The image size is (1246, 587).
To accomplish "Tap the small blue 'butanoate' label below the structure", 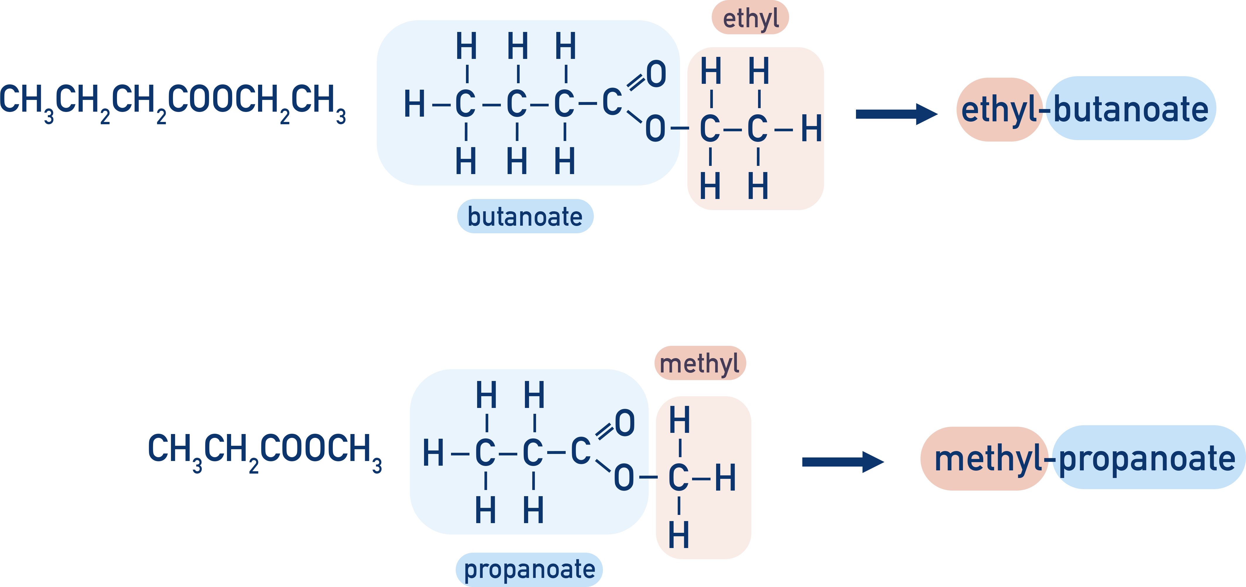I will pos(525,216).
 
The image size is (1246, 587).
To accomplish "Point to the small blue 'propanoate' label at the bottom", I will pos(529,569).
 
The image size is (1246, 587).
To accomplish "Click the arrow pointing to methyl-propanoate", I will pos(842,462).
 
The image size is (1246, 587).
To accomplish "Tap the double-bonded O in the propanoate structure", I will pos(624,423).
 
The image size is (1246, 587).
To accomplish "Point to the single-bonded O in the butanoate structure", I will pos(655,129).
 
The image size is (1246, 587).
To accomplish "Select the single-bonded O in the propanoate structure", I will pos(623,478).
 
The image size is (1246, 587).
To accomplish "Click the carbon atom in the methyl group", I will pos(679,478).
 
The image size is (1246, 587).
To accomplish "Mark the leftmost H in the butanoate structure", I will pos(415,104).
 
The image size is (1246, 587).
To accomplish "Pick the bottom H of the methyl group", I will pos(679,535).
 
